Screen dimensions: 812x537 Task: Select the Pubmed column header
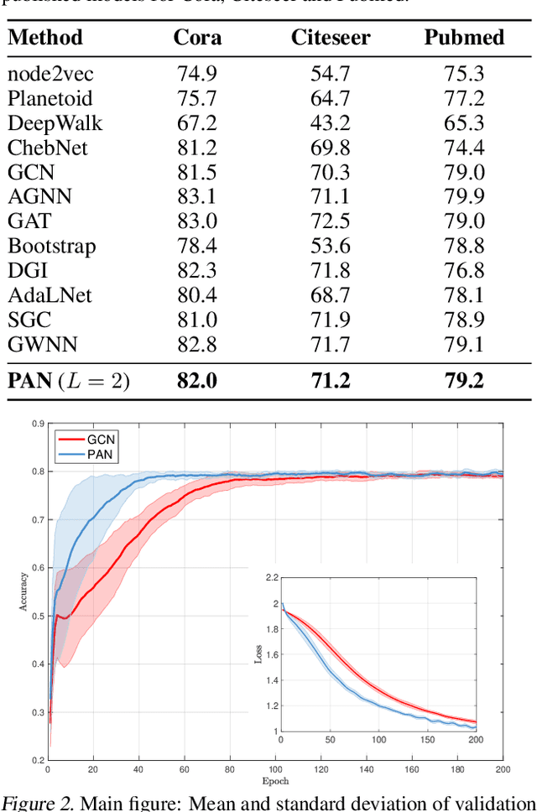coord(463,37)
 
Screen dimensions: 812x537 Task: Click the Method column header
coord(45,37)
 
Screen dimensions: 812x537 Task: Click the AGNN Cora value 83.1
coord(196,196)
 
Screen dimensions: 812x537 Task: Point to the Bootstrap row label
coord(51,246)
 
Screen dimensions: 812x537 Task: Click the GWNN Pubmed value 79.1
coord(463,343)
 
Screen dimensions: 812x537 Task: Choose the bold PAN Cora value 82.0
coord(196,380)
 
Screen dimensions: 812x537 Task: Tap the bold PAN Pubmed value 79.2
coord(463,380)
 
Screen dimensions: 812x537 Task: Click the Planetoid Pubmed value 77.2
coord(463,99)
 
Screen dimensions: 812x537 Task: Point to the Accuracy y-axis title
coord(24,592)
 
